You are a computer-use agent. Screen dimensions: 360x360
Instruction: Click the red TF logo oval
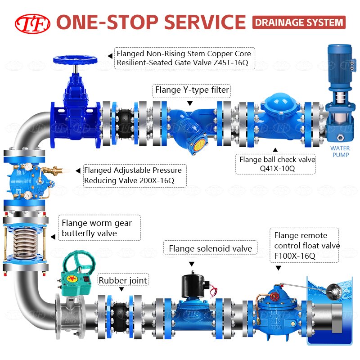click(32, 24)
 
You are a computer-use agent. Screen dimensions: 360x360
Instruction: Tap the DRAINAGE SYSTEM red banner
click(299, 22)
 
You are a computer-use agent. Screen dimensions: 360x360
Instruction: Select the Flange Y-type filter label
click(192, 90)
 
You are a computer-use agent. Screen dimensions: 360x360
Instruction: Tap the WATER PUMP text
click(340, 152)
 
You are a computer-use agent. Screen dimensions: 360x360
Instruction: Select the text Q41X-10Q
click(277, 168)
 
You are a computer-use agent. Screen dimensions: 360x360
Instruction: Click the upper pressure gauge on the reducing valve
click(28, 166)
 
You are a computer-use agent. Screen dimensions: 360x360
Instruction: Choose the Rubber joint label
click(123, 280)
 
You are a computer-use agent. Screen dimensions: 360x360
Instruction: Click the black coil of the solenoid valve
click(192, 285)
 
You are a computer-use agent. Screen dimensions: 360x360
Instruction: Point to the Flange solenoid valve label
click(211, 248)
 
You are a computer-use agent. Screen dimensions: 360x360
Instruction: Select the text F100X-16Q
click(295, 256)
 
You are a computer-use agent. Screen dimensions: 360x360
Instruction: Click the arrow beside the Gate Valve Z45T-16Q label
click(110, 56)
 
